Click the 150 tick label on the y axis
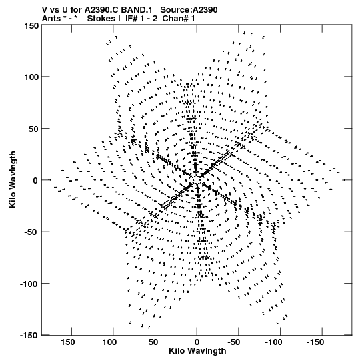coord(31,25)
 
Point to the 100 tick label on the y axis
coord(31,77)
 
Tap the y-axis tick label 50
coord(33,129)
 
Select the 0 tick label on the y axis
coord(35,180)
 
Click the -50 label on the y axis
coord(31,232)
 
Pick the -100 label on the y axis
coord(29,284)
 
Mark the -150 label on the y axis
coord(29,335)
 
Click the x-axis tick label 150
coord(68,342)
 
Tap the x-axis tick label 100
coord(109,342)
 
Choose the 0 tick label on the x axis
coord(197,342)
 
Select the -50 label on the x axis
coord(234,342)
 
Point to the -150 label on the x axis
coord(315,342)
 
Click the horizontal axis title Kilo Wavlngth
coord(197,351)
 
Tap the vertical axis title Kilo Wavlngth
coord(13,179)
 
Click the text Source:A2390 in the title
coord(189,10)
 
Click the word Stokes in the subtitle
coord(102,19)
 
